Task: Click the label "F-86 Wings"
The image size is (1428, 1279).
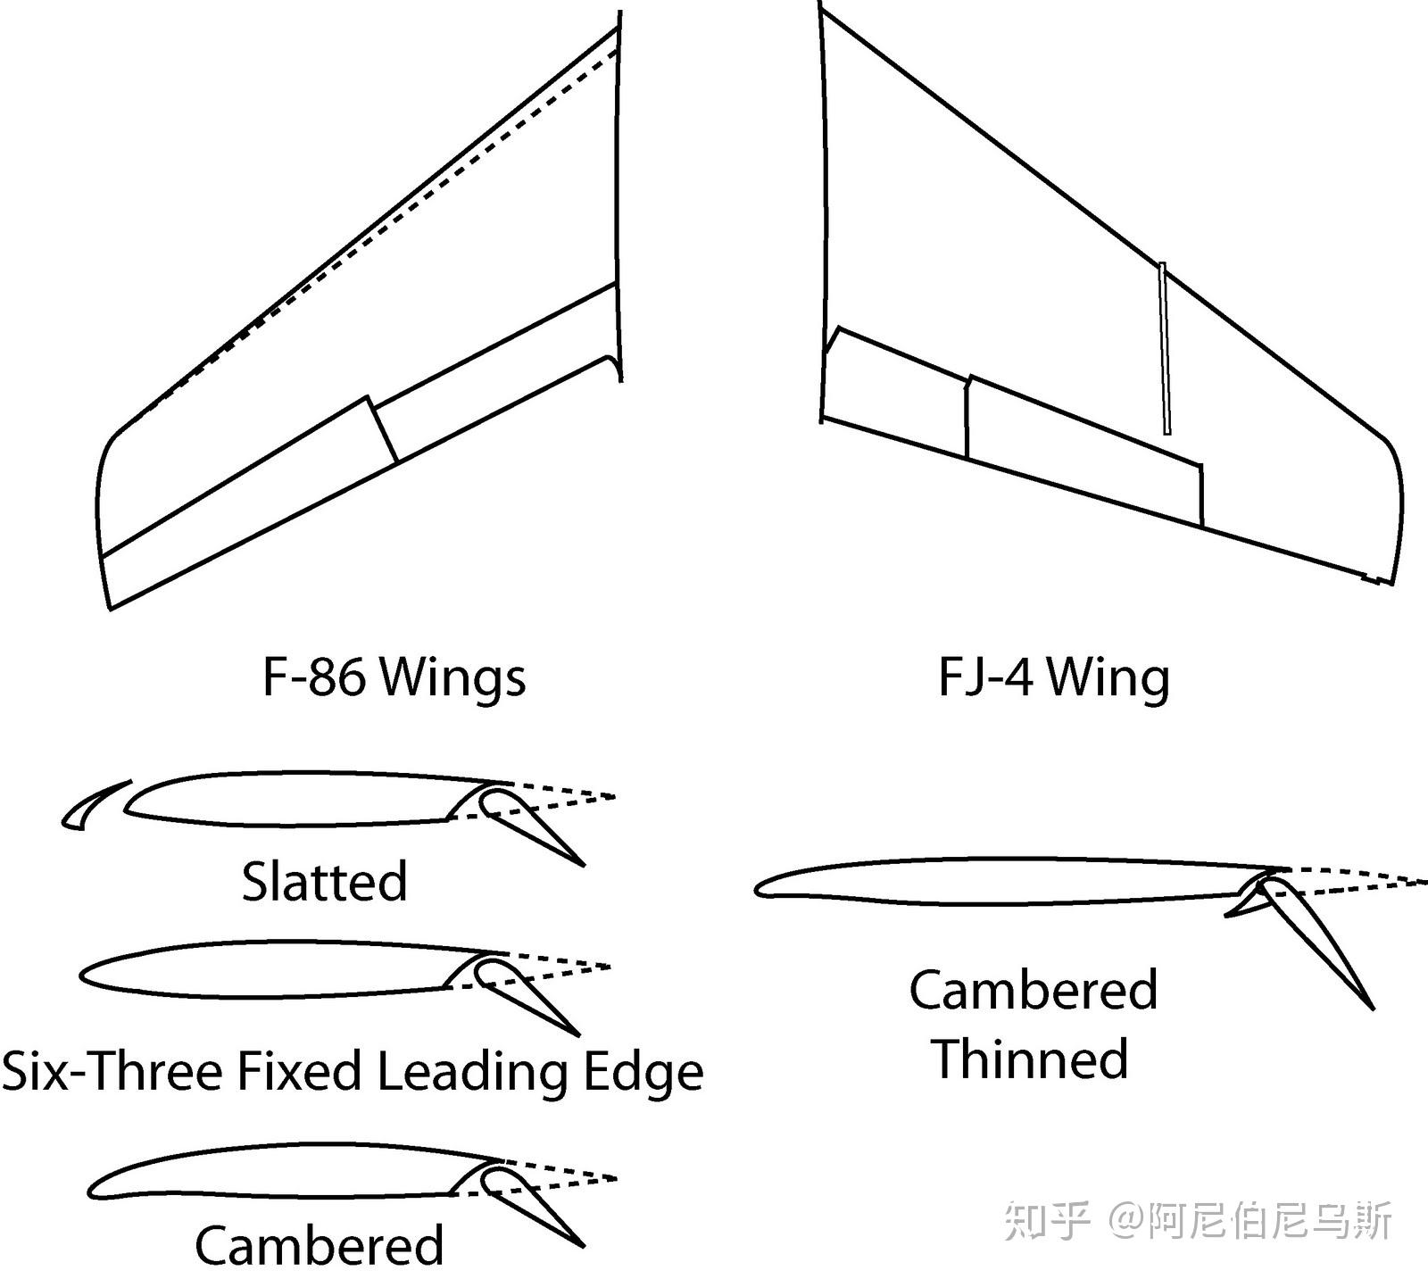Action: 394,677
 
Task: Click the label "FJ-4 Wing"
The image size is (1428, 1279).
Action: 1053,677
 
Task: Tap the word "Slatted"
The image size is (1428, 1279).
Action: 324,882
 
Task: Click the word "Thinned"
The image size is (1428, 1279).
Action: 1031,1059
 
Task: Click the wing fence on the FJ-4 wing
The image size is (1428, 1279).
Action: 1164,348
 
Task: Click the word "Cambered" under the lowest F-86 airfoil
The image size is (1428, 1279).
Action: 319,1246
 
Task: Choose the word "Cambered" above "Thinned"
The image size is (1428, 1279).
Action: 1034,991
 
